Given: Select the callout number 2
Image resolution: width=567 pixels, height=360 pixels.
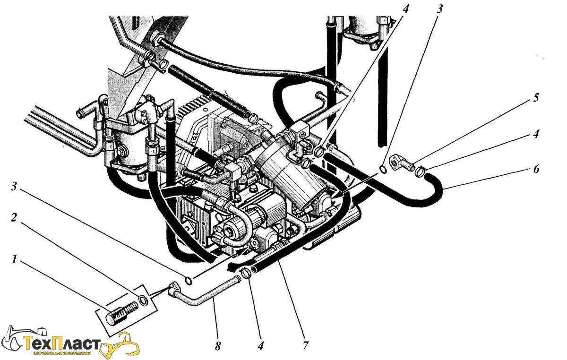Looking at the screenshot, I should pyautogui.click(x=14, y=218).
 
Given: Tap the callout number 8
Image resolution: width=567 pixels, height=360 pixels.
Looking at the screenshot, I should pyautogui.click(x=218, y=346).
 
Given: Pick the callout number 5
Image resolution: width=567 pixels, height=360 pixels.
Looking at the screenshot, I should pyautogui.click(x=535, y=98).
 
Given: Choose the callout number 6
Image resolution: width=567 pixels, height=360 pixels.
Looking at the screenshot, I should pyautogui.click(x=535, y=169).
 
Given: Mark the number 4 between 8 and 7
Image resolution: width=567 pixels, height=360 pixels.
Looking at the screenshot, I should pyautogui.click(x=260, y=345).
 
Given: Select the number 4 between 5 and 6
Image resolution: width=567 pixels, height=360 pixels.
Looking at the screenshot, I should pyautogui.click(x=535, y=134).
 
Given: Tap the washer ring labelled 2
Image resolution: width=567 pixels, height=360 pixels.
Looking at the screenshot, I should pyautogui.click(x=143, y=300).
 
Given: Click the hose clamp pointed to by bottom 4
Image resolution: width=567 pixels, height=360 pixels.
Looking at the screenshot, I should pyautogui.click(x=245, y=274).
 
